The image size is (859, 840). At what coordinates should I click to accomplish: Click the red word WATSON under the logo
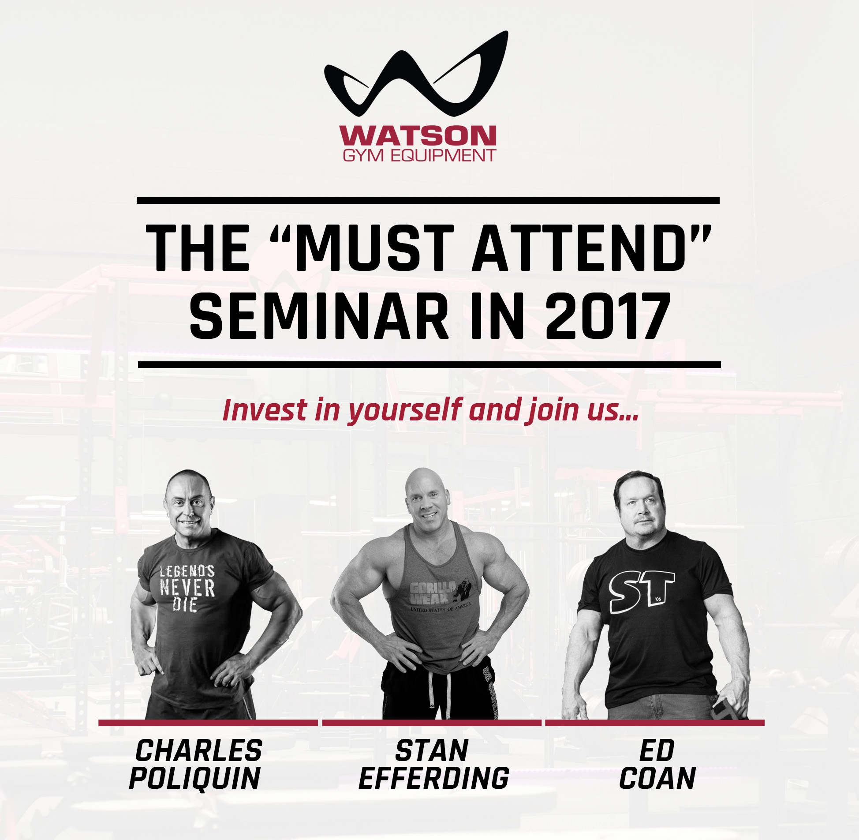(417, 135)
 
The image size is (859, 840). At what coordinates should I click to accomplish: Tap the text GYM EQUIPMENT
(419, 155)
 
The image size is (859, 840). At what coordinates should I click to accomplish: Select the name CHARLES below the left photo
(199, 750)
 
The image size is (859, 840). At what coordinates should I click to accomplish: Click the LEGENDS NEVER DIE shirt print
(187, 588)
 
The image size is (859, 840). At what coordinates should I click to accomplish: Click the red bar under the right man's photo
(654, 723)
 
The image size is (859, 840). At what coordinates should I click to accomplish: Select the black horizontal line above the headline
(428, 201)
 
